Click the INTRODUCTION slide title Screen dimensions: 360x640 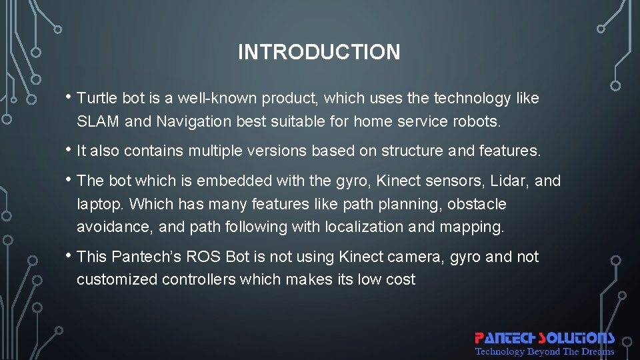click(319, 52)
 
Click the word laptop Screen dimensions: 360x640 click(100, 204)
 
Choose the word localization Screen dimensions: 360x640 click(364, 227)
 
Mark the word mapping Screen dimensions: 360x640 click(471, 227)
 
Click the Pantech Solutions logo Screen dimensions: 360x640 click(544, 339)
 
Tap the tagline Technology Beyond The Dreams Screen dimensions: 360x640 click(544, 351)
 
